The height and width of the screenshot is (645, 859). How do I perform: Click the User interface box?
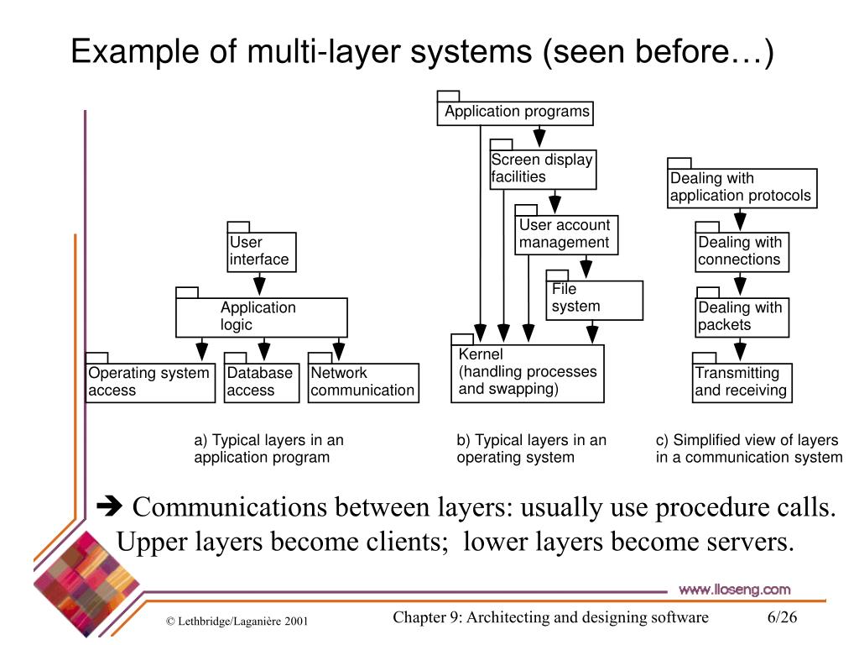(262, 251)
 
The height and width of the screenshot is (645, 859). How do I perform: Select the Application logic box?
(261, 317)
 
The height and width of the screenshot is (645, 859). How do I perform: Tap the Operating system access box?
(150, 382)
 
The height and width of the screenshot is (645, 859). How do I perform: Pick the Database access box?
(261, 382)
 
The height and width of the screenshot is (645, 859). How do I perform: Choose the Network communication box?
(362, 382)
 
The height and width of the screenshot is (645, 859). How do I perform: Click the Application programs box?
(515, 113)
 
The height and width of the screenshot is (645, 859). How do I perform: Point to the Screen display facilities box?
(543, 169)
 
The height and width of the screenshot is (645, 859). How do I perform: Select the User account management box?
(566, 234)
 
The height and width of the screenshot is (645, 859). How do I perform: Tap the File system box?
(594, 299)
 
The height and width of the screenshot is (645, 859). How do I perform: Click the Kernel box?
(527, 373)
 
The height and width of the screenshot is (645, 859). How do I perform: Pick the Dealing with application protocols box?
(742, 188)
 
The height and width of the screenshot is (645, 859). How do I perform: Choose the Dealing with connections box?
(742, 251)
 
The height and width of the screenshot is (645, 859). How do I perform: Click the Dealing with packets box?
(742, 317)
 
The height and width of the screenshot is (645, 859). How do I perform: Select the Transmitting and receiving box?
(742, 382)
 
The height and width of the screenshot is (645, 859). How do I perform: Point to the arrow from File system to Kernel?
(593, 333)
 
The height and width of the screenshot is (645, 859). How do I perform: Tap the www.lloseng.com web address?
(734, 590)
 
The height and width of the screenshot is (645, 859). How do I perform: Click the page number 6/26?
(781, 618)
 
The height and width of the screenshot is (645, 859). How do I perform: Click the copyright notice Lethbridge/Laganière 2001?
(237, 621)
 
